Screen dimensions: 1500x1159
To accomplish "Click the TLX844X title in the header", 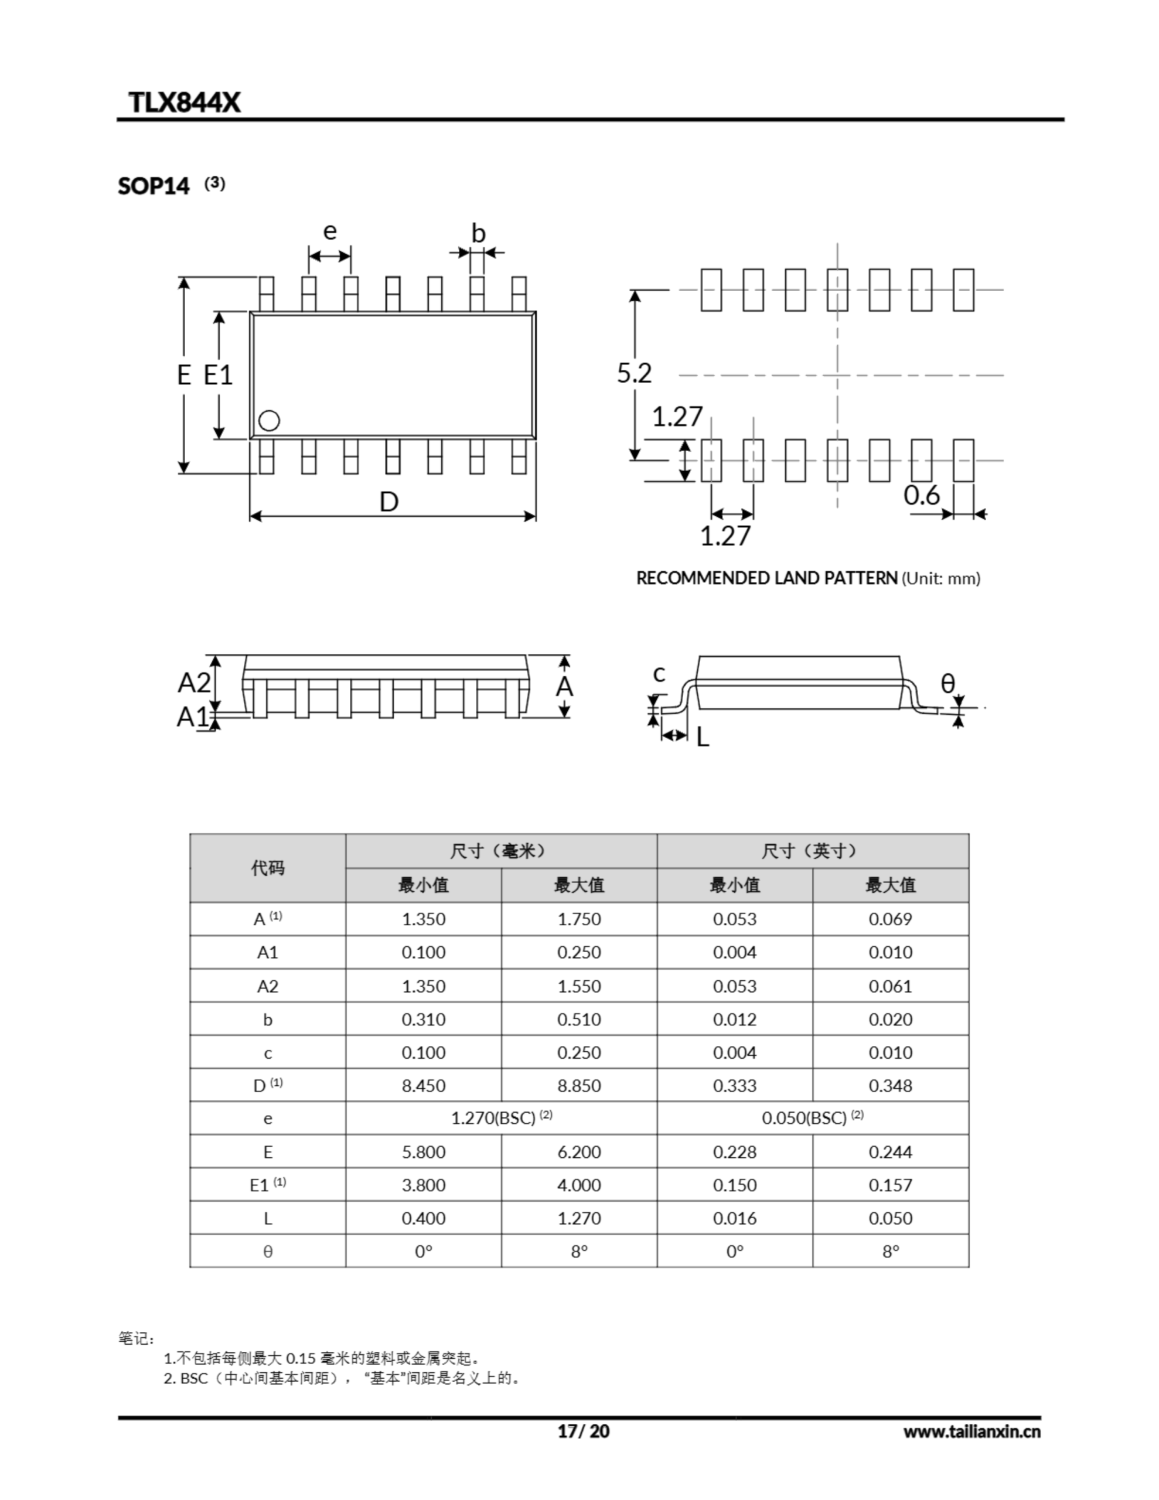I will [184, 103].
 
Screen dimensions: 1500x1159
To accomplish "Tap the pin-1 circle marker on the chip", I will [268, 420].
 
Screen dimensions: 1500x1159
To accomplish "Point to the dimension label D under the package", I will [389, 502].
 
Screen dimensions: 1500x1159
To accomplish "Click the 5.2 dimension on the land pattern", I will [633, 373].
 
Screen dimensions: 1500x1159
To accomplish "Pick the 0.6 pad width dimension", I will [921, 495].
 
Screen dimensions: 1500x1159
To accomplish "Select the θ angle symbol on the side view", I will [947, 683].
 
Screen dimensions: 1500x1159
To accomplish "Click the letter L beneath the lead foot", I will [702, 737].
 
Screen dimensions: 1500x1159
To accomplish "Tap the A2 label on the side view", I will [194, 683].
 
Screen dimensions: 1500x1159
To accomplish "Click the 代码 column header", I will [267, 868].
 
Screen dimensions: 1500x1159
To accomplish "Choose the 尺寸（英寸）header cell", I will [812, 851].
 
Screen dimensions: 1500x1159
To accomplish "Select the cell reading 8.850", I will [578, 1086].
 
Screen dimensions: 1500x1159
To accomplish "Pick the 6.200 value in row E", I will [578, 1152].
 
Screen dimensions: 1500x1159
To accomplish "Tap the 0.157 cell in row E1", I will [891, 1185].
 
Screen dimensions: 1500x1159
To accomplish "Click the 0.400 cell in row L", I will [423, 1218].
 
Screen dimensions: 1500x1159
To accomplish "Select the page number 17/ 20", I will [583, 1431].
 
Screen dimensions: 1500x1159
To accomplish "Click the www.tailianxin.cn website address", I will [971, 1431].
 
